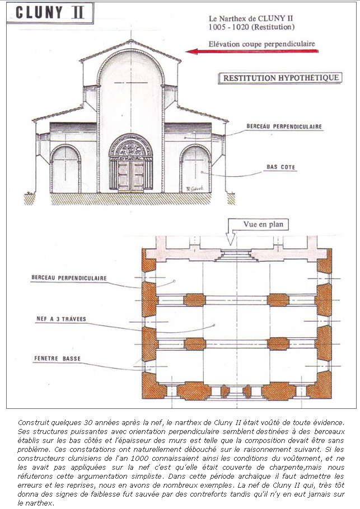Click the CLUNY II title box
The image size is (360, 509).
click(x=50, y=13)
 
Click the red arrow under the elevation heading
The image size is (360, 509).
click(x=252, y=51)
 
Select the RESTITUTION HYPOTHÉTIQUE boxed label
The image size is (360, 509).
click(x=280, y=78)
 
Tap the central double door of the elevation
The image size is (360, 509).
click(x=131, y=176)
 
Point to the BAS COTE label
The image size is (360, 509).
click(x=280, y=167)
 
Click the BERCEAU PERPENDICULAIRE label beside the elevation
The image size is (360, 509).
click(x=284, y=126)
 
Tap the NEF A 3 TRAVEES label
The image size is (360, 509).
click(x=61, y=319)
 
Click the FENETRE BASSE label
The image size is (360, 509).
click(x=57, y=359)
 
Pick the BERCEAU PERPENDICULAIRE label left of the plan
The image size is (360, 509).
click(x=69, y=278)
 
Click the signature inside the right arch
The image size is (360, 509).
click(x=195, y=188)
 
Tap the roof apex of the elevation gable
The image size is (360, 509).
click(x=130, y=40)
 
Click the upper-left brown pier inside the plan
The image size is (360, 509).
click(x=194, y=300)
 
